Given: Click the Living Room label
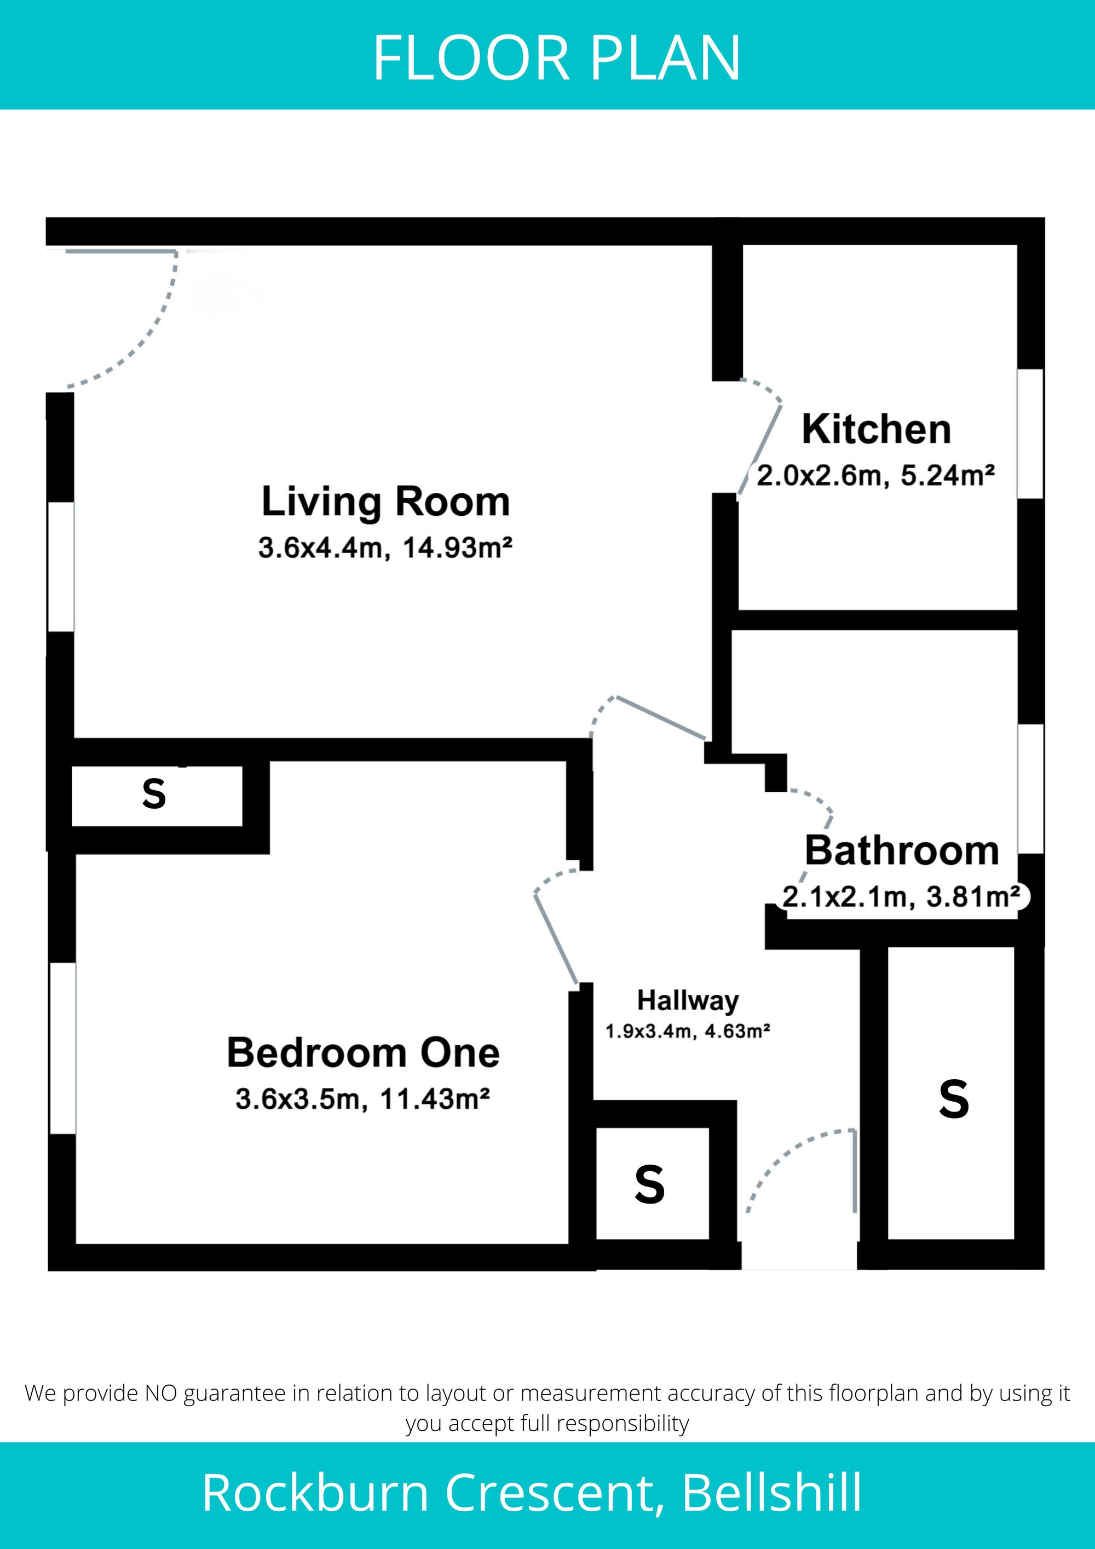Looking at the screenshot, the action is pos(385,503).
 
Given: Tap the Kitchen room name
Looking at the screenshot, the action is pos(877,429).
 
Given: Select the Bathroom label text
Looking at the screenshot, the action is pos(902,851).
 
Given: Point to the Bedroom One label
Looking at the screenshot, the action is pos(363,1052).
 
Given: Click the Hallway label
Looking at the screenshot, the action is pos(688,1000).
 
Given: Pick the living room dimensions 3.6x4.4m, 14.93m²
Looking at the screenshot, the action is pos(385,548).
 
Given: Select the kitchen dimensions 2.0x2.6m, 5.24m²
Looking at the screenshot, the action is pos(876,476).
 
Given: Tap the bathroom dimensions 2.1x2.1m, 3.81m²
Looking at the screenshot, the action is pos(901,897).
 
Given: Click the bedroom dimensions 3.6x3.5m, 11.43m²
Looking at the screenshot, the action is pos(362,1099).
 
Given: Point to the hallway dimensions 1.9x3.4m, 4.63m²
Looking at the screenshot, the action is pos(688,1032).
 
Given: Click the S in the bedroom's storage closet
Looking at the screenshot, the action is pos(154,794).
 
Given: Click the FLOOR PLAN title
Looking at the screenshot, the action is pos(557,59).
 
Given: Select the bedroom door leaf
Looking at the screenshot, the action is pos(556,938).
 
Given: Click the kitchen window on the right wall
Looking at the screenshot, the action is pos(1030,434).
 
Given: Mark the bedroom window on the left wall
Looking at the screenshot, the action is pos(63,1049).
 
